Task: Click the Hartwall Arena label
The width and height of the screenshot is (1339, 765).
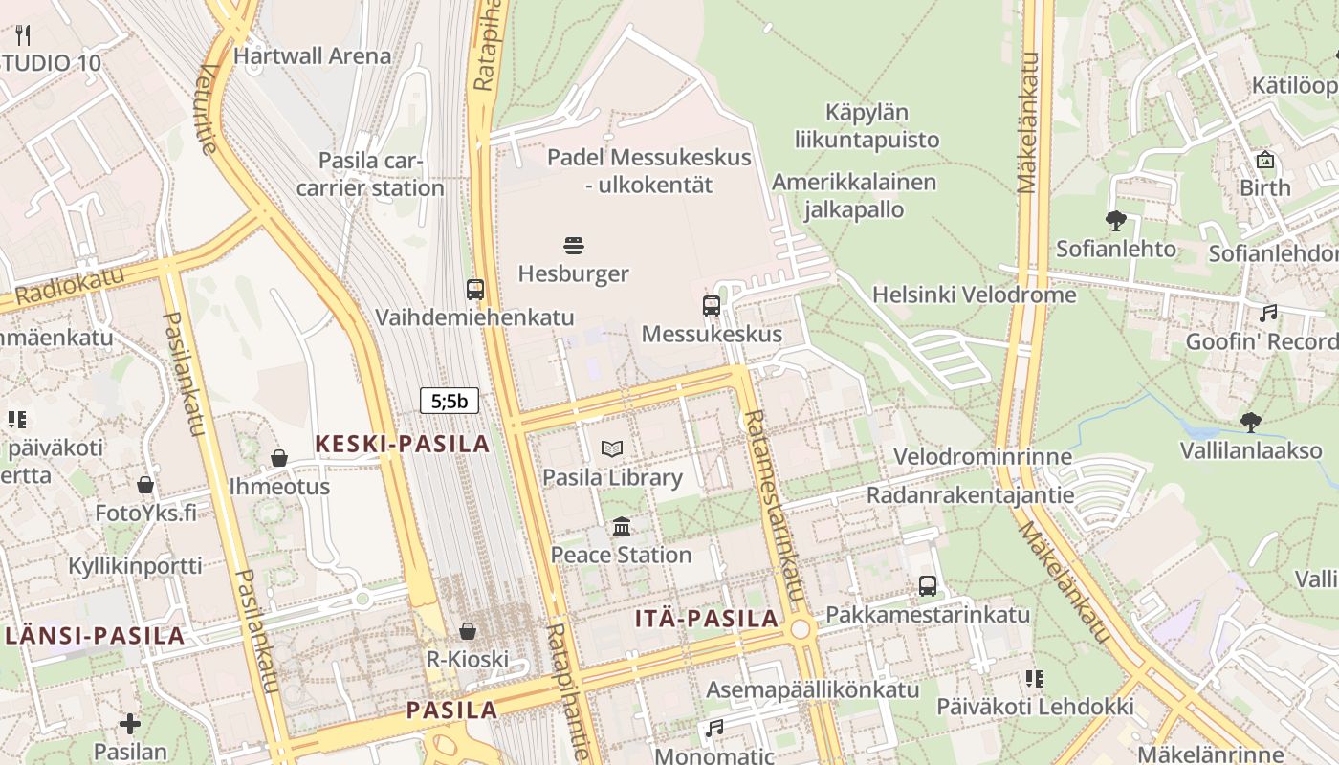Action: click(312, 55)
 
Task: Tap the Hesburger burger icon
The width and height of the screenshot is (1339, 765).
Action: click(574, 247)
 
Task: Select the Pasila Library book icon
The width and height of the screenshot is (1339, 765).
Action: click(612, 448)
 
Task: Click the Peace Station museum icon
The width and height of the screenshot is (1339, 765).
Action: click(622, 526)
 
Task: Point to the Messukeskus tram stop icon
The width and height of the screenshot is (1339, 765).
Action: click(712, 306)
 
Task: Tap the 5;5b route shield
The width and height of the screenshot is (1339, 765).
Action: click(450, 401)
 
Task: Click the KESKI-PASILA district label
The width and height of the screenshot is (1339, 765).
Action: click(403, 444)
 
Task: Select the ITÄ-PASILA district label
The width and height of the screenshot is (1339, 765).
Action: click(707, 619)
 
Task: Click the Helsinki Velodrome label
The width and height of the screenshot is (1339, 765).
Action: click(974, 295)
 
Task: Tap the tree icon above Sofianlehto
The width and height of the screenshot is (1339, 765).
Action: click(1115, 221)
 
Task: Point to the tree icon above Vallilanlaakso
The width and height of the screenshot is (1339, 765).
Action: click(1250, 422)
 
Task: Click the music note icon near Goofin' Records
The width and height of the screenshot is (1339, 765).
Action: click(1268, 313)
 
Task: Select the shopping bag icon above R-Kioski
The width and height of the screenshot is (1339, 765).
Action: click(468, 630)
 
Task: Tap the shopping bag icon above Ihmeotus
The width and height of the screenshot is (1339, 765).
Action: click(279, 458)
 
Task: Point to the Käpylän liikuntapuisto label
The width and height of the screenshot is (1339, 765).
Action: click(867, 126)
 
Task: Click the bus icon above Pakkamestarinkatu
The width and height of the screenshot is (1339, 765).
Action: click(928, 585)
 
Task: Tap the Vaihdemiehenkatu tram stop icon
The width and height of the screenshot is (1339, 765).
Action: click(475, 289)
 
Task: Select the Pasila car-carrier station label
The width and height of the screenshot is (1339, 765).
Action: click(370, 174)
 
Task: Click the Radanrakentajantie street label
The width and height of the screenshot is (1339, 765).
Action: click(970, 495)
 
